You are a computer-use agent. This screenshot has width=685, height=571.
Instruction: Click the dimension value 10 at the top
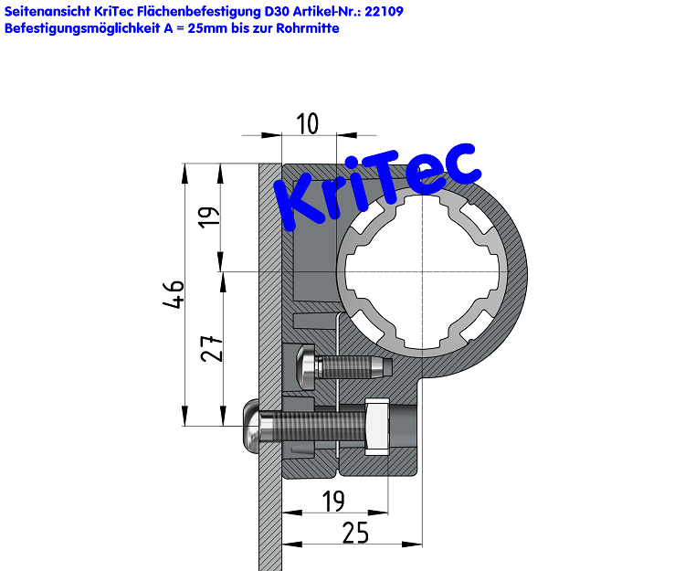click(x=309, y=123)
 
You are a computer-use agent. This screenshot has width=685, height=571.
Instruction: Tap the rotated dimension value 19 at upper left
click(x=211, y=217)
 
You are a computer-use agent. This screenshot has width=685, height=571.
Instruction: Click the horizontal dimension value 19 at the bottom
click(x=333, y=501)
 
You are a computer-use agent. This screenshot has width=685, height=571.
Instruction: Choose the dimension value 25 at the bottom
click(x=355, y=533)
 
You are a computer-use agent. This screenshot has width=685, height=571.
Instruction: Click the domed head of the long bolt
click(x=251, y=427)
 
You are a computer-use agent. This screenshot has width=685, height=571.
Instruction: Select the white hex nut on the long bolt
click(x=377, y=426)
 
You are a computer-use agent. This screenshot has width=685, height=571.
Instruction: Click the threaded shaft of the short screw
click(x=352, y=367)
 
